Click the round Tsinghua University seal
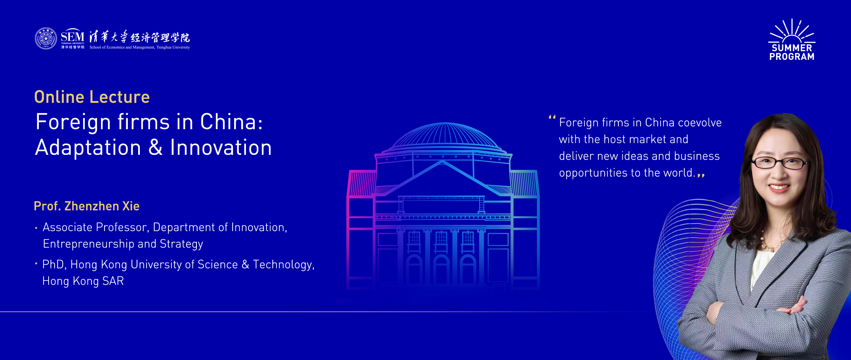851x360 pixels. [x=46, y=39]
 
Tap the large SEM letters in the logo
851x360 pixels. [x=73, y=35]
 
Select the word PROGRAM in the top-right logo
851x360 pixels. [x=792, y=57]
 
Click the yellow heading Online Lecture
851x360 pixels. [x=92, y=97]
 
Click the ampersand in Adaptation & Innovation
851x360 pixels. [x=155, y=147]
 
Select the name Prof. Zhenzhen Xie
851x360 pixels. [x=87, y=206]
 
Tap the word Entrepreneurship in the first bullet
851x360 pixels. [x=89, y=244]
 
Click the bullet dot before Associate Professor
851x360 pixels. [x=36, y=228]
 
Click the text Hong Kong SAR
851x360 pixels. [x=83, y=281]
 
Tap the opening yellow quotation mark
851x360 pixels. [x=552, y=117]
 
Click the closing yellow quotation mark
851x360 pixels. [x=701, y=175]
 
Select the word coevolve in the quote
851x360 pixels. [x=700, y=123]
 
